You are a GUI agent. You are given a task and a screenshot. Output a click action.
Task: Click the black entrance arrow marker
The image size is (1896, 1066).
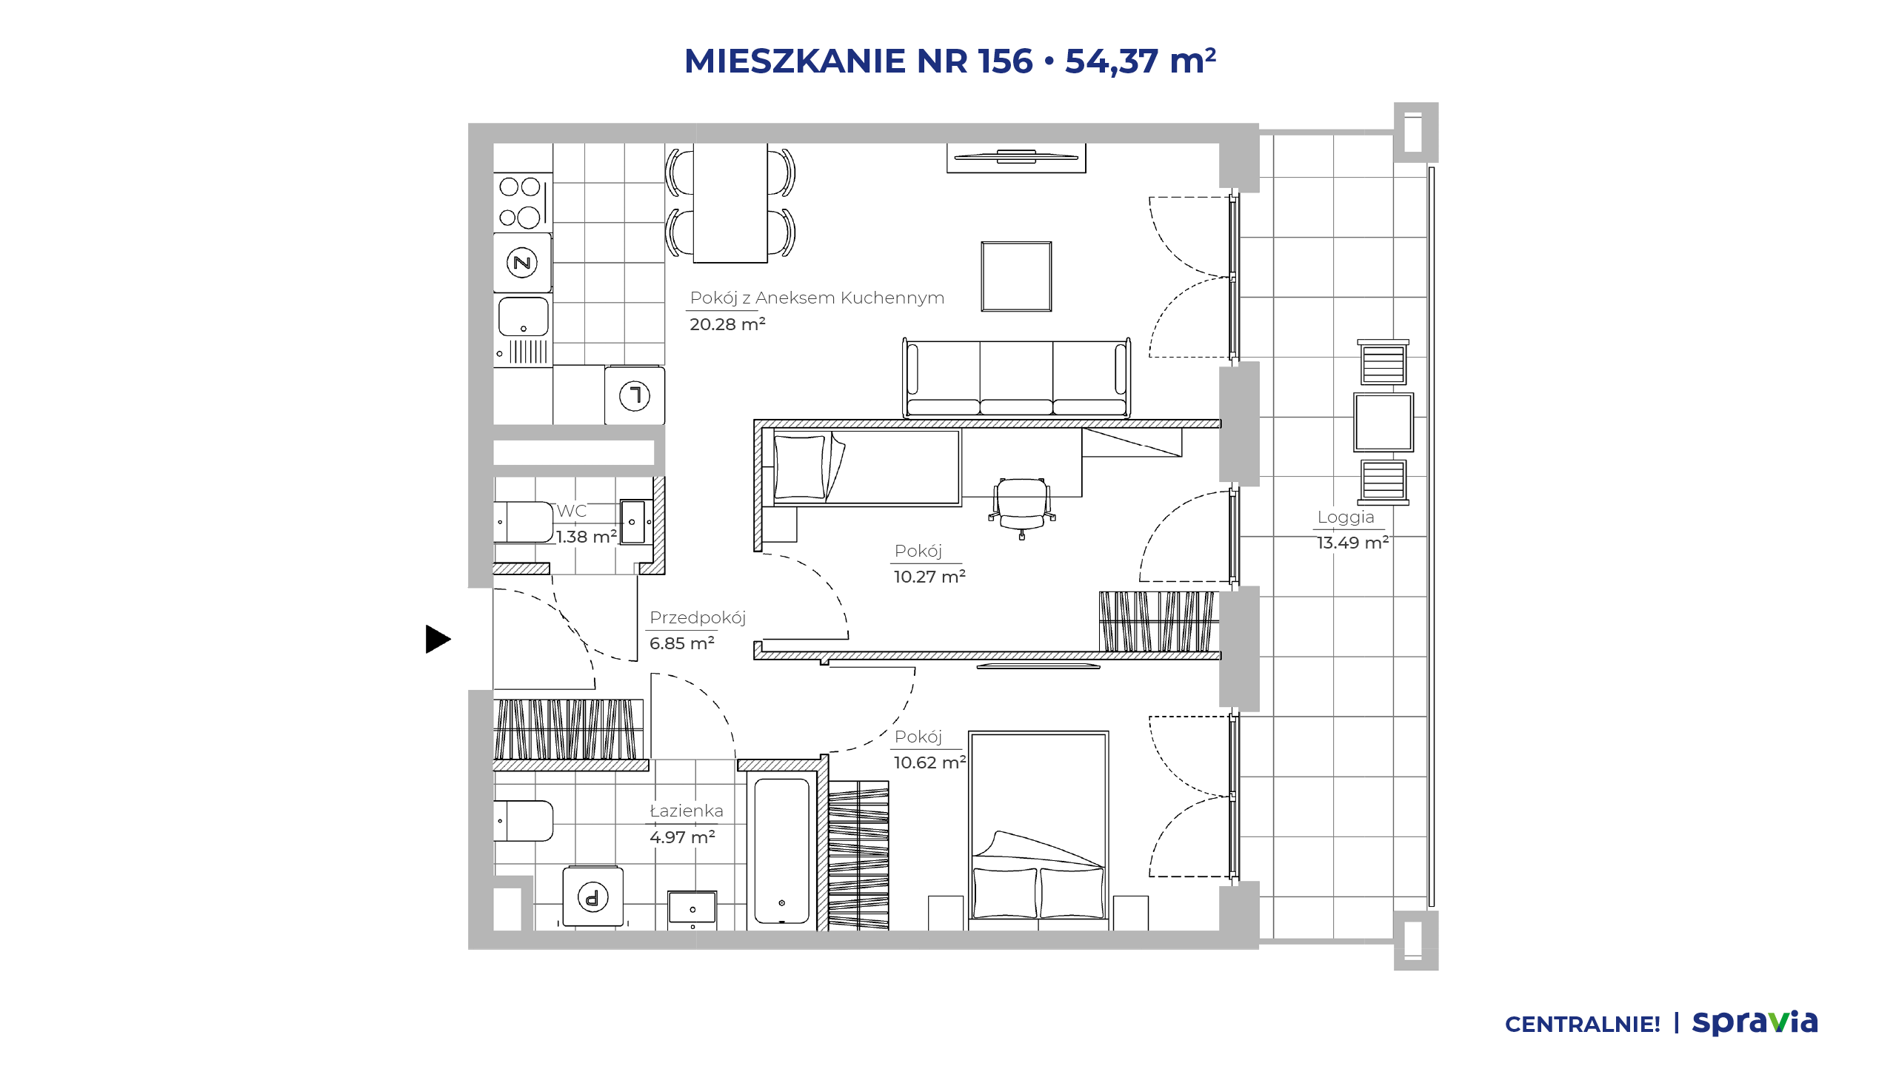438,639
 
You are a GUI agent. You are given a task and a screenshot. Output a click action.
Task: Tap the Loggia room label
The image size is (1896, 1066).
1346,517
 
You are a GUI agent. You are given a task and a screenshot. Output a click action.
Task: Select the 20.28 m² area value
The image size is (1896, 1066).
727,324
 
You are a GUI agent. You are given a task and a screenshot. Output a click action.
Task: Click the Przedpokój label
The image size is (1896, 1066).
698,618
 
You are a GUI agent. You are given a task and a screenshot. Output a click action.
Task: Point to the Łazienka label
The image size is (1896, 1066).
687,811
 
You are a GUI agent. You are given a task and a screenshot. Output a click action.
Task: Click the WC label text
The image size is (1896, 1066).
572,511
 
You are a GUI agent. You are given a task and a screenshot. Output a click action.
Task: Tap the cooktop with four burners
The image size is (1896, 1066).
522,202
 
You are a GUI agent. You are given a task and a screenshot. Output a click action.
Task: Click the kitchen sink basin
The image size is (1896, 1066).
524,317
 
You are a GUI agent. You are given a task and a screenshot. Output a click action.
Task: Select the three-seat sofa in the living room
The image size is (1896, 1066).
1016,378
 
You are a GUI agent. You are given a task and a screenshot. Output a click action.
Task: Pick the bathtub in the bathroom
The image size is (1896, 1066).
782,851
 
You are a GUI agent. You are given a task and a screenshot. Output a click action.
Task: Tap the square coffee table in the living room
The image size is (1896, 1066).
1016,276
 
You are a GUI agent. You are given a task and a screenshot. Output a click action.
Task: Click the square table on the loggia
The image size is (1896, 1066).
1383,422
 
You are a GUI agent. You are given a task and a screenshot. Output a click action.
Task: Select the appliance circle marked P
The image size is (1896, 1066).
592,897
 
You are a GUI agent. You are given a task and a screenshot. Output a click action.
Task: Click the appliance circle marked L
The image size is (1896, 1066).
635,395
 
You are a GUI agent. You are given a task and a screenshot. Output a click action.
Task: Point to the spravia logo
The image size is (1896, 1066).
1755,1023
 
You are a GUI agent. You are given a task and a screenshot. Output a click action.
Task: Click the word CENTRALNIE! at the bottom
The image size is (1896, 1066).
1583,1025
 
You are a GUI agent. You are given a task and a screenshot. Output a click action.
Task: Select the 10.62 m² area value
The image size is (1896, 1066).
929,762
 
